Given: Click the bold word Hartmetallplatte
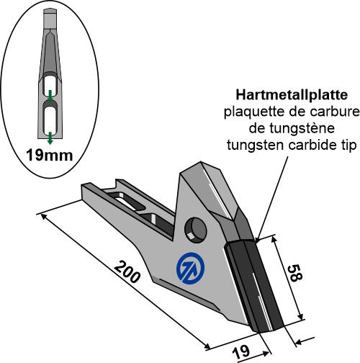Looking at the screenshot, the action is (x=292, y=95).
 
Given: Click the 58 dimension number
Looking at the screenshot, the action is (x=294, y=273).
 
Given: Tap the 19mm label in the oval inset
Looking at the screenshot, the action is (x=50, y=155).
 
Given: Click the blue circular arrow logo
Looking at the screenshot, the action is (x=190, y=268).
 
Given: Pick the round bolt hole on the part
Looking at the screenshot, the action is (x=195, y=230).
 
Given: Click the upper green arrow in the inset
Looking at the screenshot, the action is (x=50, y=96).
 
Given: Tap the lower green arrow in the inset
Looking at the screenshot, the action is (x=50, y=138).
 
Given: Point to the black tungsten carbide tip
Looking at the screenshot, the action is (x=254, y=286).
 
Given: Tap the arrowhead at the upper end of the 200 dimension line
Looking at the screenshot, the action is (x=44, y=216).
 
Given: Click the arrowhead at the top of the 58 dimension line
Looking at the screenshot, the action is (x=274, y=239).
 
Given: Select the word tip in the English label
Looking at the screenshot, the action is (x=352, y=145).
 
